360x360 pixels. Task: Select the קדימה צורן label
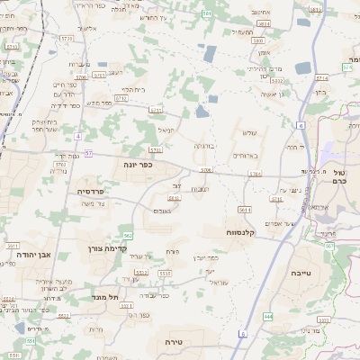coord(109,247)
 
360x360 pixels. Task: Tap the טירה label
coord(174,343)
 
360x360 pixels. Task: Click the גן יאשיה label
coord(271,94)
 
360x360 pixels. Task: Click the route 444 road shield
coord(268,317)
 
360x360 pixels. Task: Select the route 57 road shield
coord(89,154)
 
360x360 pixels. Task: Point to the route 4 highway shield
coord(78,135)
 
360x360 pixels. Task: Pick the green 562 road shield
coord(129,238)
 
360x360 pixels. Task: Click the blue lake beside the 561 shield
coord(209,53)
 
